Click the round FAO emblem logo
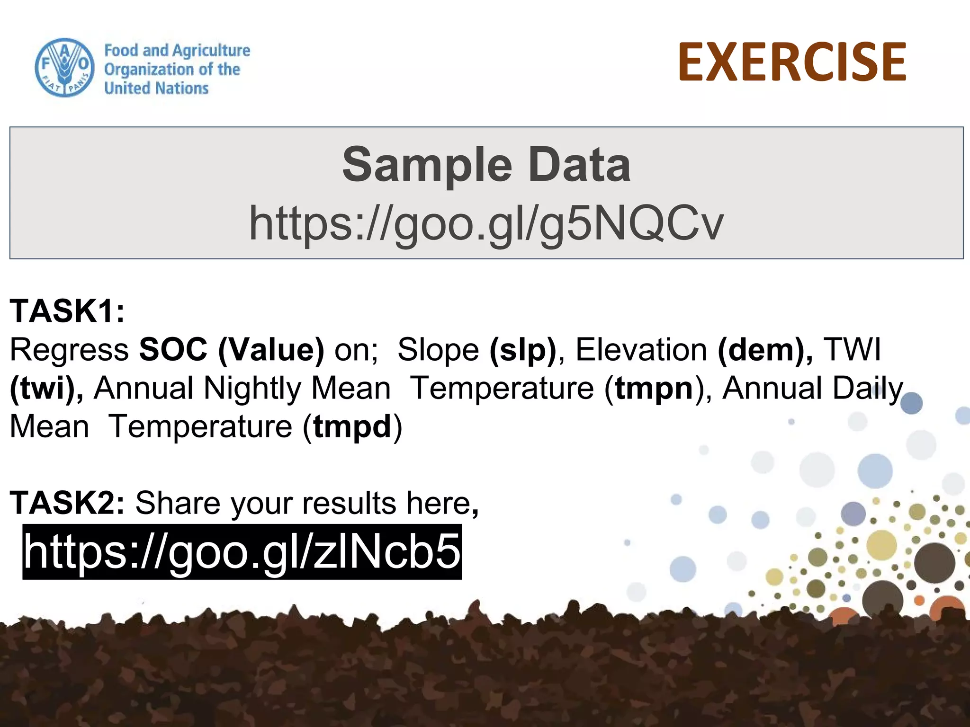64,68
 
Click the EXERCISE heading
792,62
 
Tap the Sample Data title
486,164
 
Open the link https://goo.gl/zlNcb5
242,551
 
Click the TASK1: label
67,311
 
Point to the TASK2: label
67,503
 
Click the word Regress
69,350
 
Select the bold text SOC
173,350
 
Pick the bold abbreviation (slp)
523,350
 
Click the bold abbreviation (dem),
765,350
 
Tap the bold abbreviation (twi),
46,389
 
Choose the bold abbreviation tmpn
654,389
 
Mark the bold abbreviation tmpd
352,427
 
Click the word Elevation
641,350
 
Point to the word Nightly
252,389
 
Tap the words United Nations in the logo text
156,88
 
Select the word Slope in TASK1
438,350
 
